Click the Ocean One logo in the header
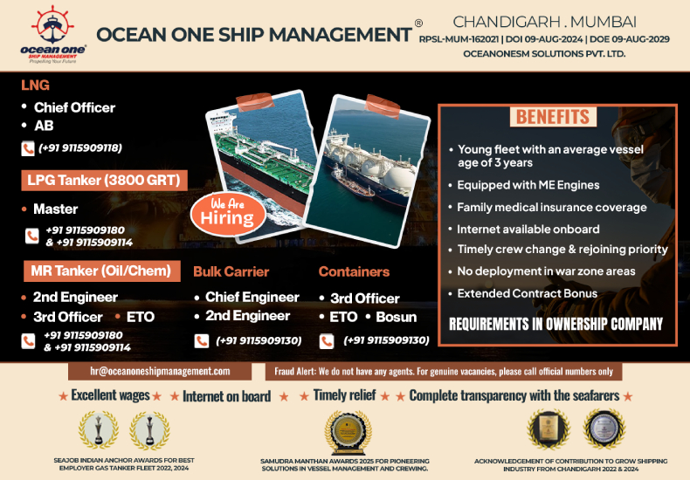(x=52, y=36)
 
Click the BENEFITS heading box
(x=553, y=117)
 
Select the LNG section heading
(x=36, y=86)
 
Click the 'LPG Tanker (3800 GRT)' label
(x=104, y=181)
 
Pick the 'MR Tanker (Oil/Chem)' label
(x=101, y=271)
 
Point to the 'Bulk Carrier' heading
(x=231, y=271)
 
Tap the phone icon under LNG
(x=28, y=148)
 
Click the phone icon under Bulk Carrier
(x=201, y=340)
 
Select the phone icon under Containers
(x=327, y=340)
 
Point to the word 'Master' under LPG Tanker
(x=55, y=209)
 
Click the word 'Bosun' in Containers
(x=396, y=316)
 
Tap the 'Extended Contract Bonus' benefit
(x=527, y=293)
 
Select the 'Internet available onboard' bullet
(x=528, y=229)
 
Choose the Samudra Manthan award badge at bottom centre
(x=343, y=431)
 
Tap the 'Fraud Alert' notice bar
(x=445, y=371)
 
